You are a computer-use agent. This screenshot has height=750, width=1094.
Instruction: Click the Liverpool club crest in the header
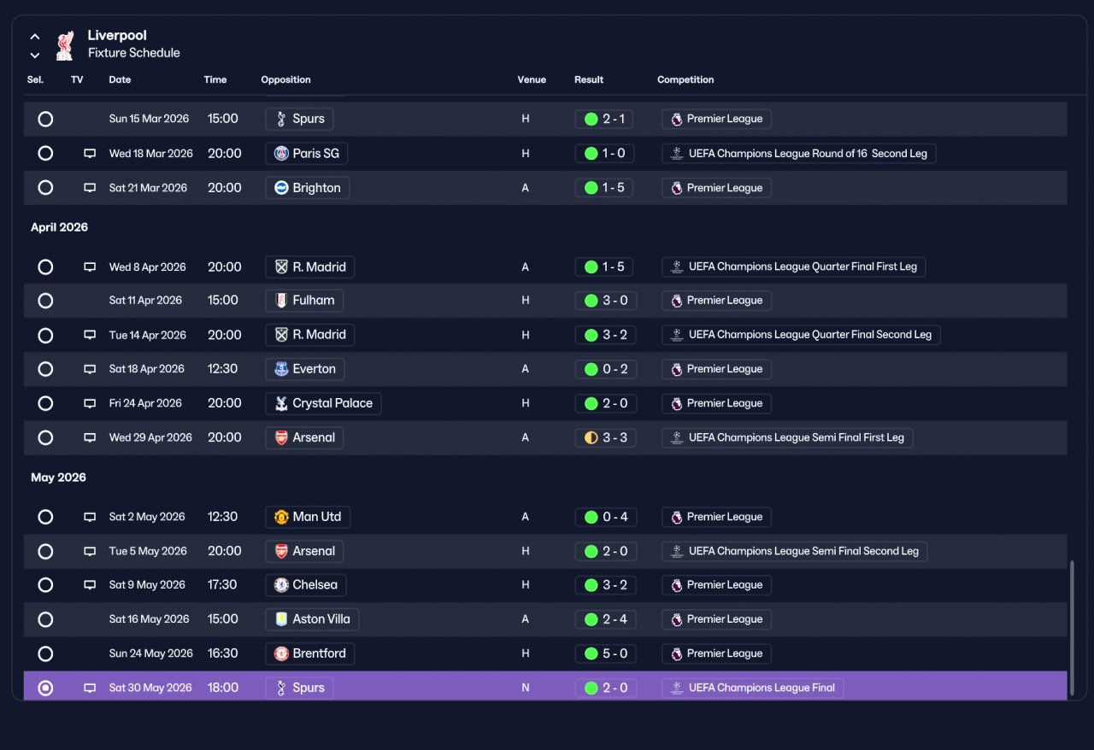[64, 45]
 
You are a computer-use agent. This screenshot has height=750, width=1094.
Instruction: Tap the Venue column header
[532, 79]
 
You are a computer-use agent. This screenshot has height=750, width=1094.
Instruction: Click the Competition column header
[685, 79]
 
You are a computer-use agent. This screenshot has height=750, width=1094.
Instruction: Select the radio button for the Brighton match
[45, 188]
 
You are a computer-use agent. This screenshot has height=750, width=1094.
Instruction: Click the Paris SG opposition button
[306, 153]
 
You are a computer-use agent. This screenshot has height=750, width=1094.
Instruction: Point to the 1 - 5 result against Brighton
[604, 188]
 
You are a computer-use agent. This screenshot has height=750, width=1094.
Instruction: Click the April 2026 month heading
[59, 227]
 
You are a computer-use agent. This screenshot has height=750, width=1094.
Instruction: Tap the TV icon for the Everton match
[90, 369]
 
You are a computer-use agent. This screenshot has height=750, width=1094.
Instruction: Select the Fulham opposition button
[304, 301]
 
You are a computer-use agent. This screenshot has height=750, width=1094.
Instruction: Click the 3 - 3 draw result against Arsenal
[606, 437]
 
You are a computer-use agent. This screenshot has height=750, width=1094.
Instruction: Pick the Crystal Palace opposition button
[323, 403]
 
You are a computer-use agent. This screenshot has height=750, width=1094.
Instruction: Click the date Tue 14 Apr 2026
[148, 335]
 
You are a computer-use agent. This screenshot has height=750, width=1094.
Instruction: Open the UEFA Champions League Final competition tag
[753, 688]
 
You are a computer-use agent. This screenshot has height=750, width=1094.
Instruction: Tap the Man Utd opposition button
[308, 517]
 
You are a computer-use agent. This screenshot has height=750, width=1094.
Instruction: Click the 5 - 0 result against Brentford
[606, 653]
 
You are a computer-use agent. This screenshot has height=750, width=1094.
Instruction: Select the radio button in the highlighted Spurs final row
[45, 688]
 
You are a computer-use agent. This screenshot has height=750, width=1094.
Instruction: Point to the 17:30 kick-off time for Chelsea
[222, 585]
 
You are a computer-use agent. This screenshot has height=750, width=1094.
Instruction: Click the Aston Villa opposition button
[312, 619]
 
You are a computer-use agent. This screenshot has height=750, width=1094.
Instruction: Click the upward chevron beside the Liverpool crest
[35, 37]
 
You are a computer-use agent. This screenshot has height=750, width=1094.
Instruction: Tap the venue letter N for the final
[525, 688]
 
